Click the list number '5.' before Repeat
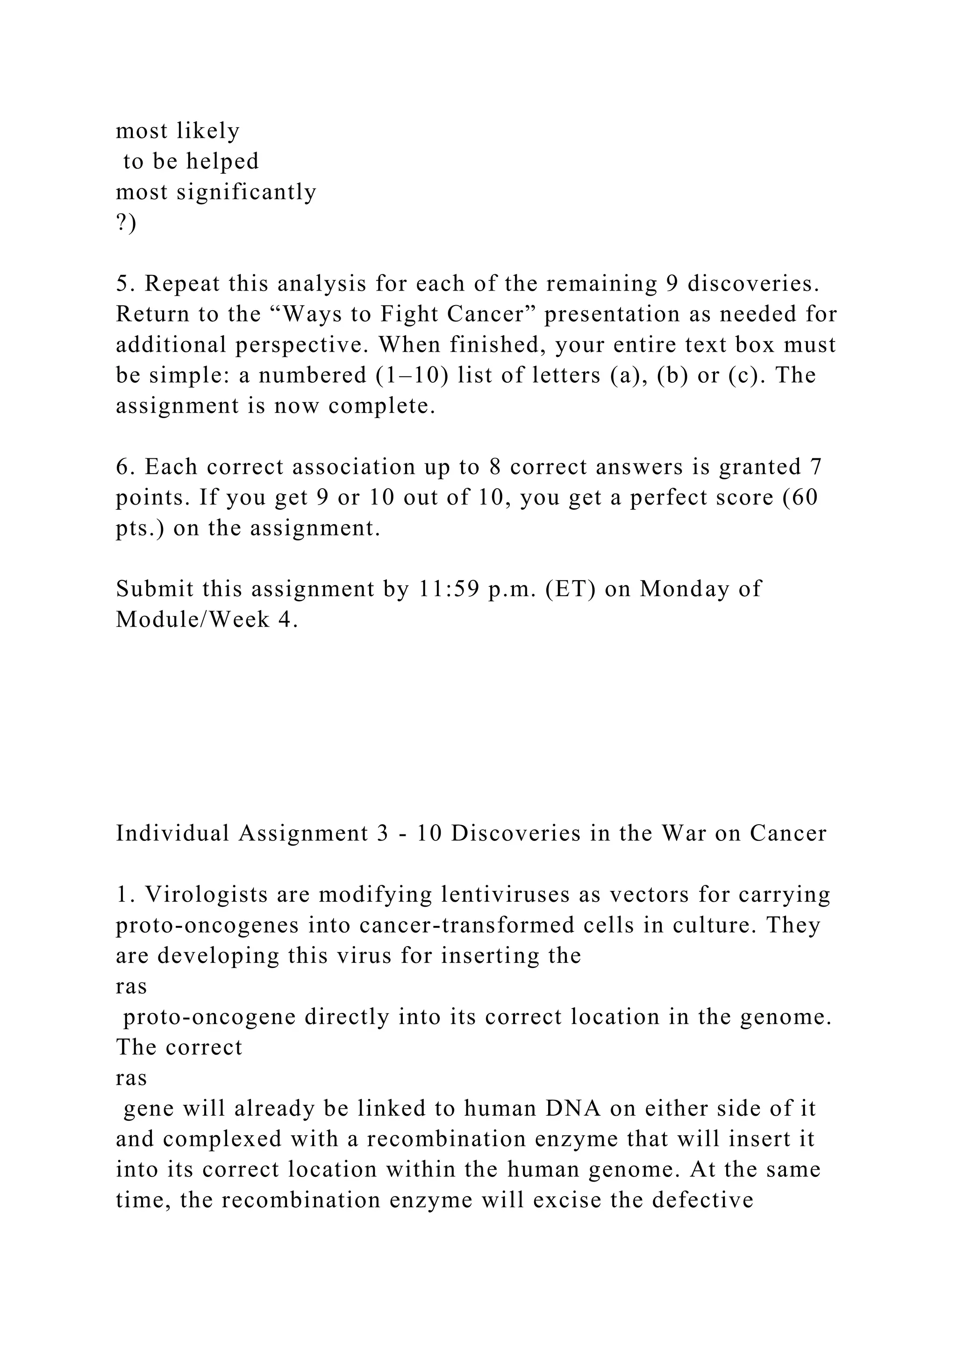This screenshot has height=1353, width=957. (125, 284)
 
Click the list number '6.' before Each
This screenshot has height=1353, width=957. (125, 467)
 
